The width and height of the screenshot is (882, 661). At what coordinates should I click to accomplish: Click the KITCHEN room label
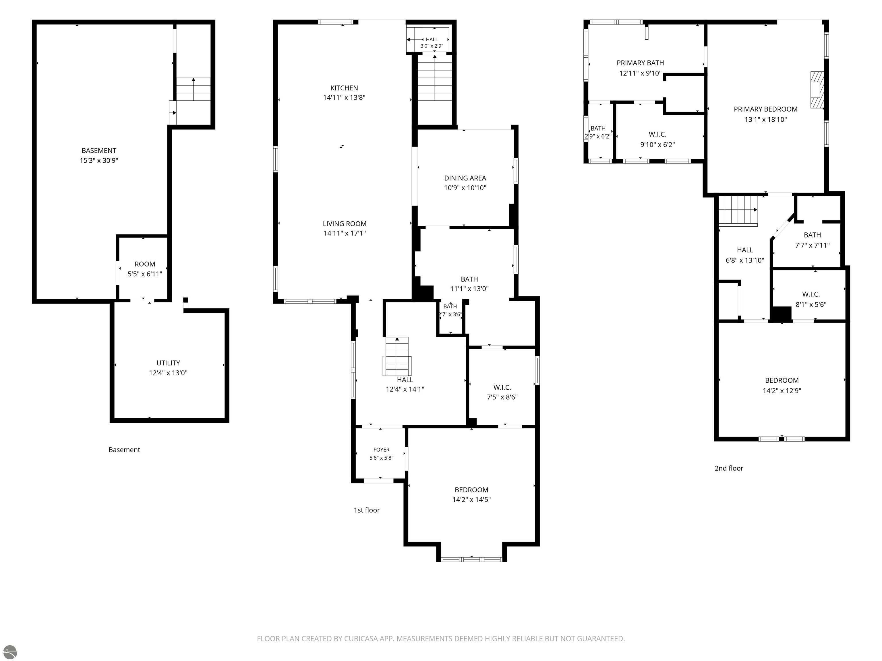coord(344,88)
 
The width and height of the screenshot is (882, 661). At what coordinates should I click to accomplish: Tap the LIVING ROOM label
coord(345,224)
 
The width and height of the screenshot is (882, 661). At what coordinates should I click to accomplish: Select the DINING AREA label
coord(465,178)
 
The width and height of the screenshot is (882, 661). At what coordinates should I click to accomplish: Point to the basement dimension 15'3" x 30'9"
coord(99,161)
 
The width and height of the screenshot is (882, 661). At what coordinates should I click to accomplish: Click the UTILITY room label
coord(168,363)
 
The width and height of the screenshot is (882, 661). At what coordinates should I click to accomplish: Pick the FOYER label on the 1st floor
coord(381,450)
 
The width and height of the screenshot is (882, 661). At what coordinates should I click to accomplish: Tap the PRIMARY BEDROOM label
coord(765,109)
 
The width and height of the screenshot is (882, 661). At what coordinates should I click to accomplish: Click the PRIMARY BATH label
coord(640,63)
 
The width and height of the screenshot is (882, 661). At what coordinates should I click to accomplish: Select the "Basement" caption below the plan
coord(124,450)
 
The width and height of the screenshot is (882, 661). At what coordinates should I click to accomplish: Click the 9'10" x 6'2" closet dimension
coord(657,145)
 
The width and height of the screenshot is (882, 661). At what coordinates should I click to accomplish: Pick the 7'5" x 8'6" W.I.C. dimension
coord(502,397)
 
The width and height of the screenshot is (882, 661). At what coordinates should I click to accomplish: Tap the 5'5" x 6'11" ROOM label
coord(145,269)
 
